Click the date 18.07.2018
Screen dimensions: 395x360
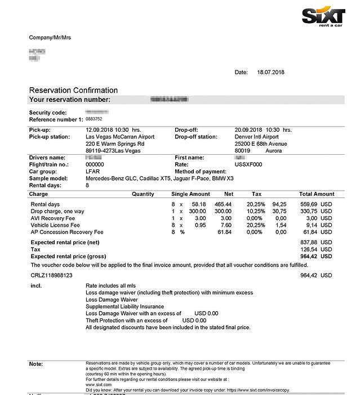coord(272,72)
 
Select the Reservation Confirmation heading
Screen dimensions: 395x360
coord(73,90)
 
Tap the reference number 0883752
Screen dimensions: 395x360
coord(94,119)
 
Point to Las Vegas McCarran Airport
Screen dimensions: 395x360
coord(119,137)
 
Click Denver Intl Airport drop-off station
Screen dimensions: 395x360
coord(256,137)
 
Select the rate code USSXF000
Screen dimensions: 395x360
coord(248,164)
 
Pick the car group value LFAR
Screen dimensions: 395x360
coord(92,172)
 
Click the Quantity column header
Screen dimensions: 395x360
coord(143,194)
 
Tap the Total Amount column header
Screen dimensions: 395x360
coord(317,194)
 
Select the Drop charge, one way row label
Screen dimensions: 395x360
coord(57,211)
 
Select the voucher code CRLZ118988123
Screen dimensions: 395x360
coord(51,275)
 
